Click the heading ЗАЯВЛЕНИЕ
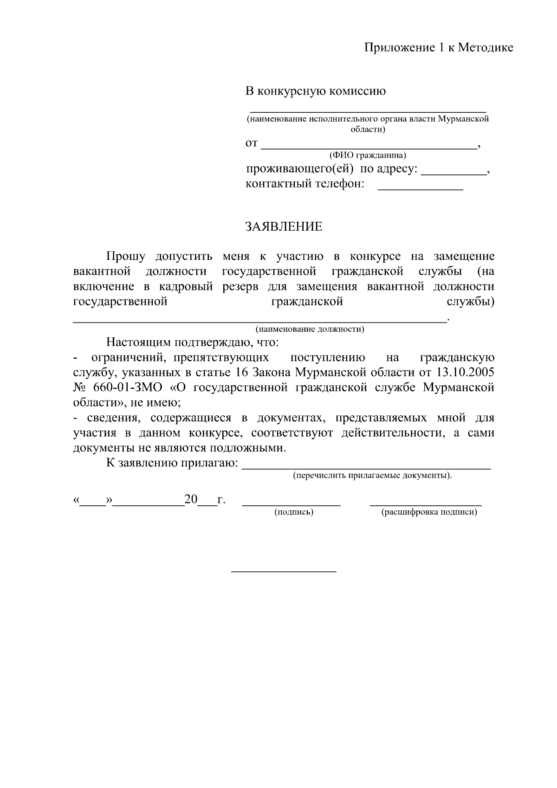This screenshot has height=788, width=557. [x=283, y=226]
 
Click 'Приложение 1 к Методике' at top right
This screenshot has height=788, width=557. [x=438, y=47]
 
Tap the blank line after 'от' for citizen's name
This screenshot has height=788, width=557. [x=369, y=146]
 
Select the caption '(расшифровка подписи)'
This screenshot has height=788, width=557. [x=429, y=512]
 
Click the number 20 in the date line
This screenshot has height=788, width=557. [x=191, y=500]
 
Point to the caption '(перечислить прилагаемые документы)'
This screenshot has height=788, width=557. [x=372, y=476]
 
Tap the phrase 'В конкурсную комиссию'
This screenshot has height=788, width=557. [x=315, y=91]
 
